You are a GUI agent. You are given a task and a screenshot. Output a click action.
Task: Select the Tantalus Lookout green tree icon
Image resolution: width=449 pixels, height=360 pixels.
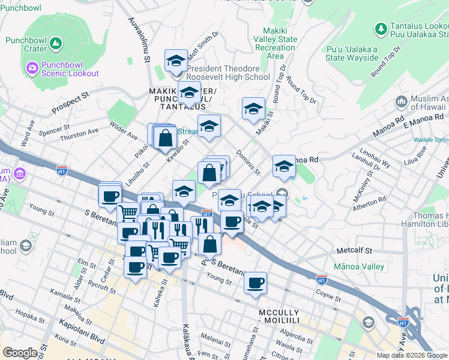(x=381, y=28)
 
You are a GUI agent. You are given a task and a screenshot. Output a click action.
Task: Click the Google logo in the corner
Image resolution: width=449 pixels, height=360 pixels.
(x=20, y=353)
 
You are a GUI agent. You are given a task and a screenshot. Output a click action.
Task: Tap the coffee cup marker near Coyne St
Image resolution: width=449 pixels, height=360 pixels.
(x=255, y=283)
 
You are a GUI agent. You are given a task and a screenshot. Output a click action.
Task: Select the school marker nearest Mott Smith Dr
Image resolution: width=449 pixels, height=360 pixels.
(x=176, y=61)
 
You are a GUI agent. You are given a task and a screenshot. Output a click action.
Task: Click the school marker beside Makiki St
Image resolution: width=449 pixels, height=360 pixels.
(x=253, y=109)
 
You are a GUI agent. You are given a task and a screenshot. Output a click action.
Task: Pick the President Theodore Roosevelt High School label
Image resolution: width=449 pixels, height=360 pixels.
(x=228, y=73)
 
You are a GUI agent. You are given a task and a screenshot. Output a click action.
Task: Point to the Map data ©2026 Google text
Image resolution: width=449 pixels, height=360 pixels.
(x=411, y=355)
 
